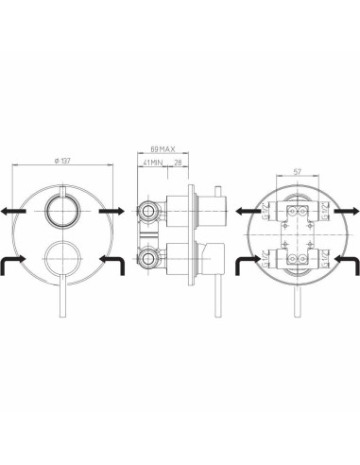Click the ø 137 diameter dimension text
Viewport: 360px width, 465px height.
[64, 163]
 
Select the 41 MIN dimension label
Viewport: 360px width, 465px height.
[152, 164]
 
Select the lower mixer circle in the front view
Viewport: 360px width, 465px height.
[65, 258]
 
